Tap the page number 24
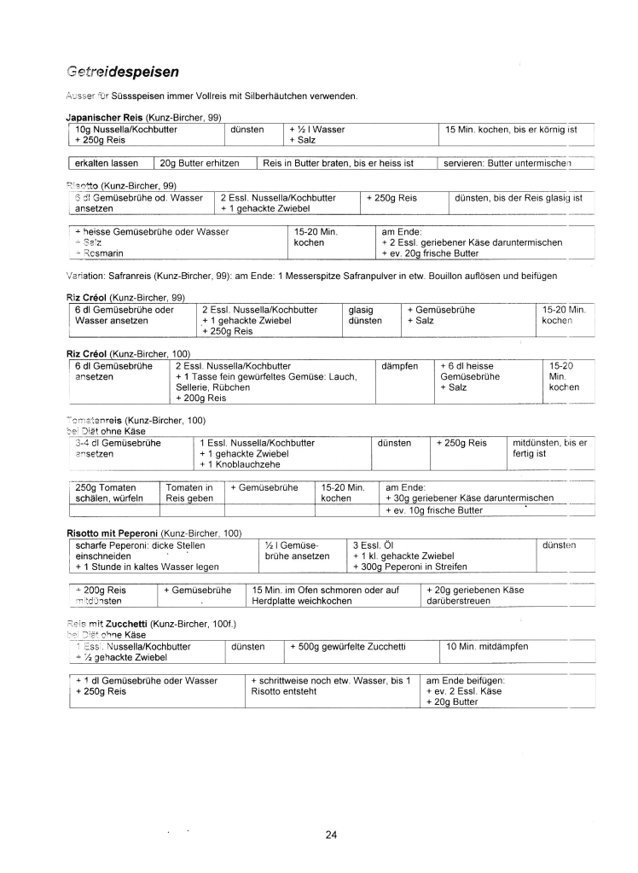pyautogui.click(x=331, y=835)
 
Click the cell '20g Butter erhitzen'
pyautogui.click(x=200, y=162)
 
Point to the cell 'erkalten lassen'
pyautogui.click(x=107, y=162)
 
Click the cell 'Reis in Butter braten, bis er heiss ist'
pyautogui.click(x=338, y=162)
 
